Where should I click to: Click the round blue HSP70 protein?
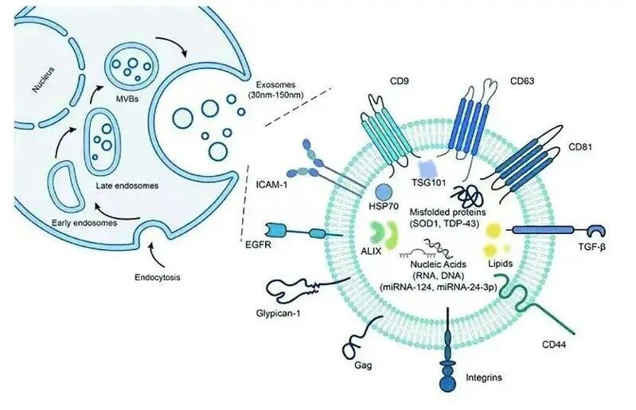pos(384,193)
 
